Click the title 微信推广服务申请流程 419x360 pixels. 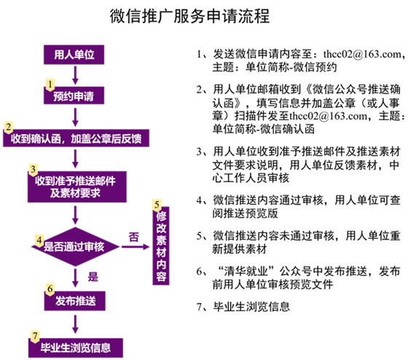coord(189,16)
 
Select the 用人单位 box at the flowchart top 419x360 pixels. coord(74,55)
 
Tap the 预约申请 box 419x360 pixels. coord(74,95)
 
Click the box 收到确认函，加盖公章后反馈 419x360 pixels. coord(77,138)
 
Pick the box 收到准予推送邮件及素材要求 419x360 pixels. coord(77,187)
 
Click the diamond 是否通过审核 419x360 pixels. coord(75,247)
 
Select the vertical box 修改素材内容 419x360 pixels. coord(161,246)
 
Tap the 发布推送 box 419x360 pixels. coord(75,301)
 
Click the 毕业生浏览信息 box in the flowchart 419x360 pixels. coord(76,348)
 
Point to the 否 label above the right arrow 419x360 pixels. coord(134,237)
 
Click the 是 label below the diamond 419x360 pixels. coord(93,277)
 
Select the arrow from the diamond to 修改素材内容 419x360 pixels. coord(136,247)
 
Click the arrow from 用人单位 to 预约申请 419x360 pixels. coord(75,75)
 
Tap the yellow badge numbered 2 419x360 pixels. coord(9,128)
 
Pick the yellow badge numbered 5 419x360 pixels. coord(157,206)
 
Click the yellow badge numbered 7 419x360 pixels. coord(35,336)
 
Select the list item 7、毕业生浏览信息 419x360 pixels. coord(243,307)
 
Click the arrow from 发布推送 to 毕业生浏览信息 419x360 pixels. coord(75,324)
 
